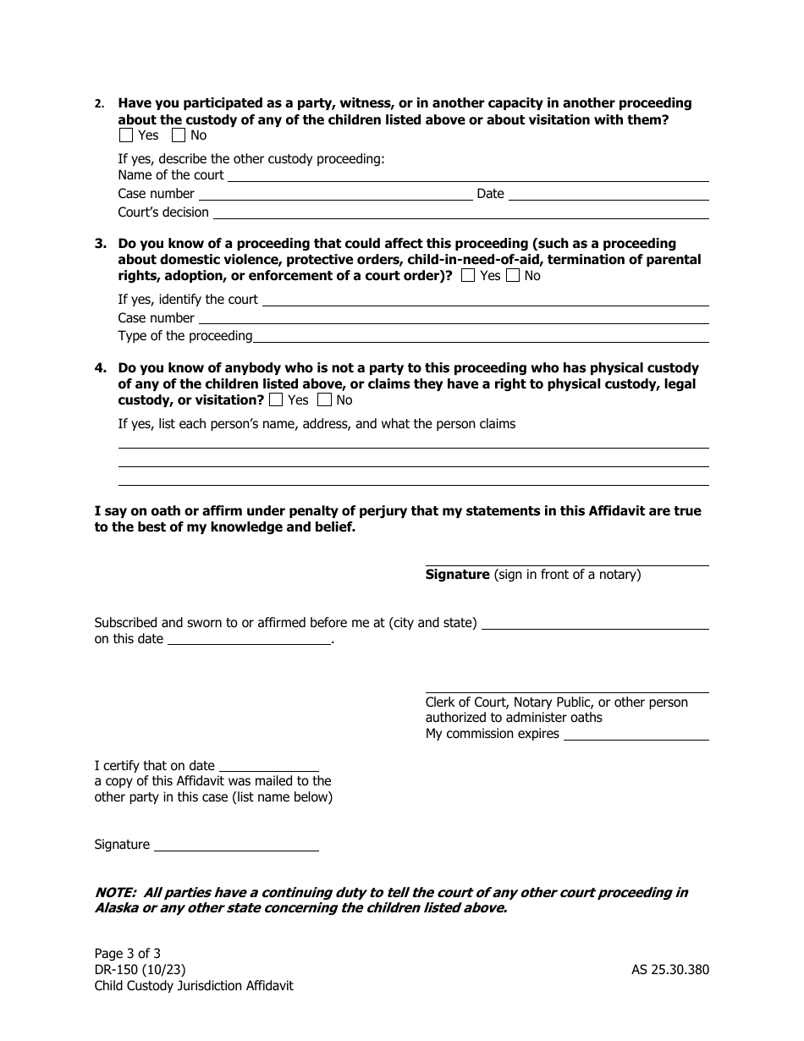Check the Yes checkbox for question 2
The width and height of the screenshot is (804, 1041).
pos(125,135)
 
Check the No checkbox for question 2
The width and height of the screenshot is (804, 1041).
pos(178,135)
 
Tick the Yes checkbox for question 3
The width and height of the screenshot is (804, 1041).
pos(468,276)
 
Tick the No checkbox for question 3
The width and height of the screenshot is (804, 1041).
pos(512,276)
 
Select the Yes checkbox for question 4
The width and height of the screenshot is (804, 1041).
pos(276,400)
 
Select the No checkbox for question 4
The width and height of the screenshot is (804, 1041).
pos(324,400)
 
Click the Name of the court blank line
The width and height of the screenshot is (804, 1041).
pos(468,176)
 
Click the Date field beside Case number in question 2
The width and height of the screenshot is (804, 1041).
pos(608,195)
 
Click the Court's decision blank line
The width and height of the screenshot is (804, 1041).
pos(460,213)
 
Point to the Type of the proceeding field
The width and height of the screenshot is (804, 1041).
pos(481,337)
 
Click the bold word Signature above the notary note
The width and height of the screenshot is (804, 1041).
pos(457,576)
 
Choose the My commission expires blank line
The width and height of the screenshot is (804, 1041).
pos(636,735)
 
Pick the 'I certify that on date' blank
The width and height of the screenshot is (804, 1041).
pos(268,767)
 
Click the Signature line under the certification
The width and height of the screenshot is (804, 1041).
pos(236,845)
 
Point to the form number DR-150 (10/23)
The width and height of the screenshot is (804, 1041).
pos(140,970)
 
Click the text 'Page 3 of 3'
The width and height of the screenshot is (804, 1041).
pos(128,954)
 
